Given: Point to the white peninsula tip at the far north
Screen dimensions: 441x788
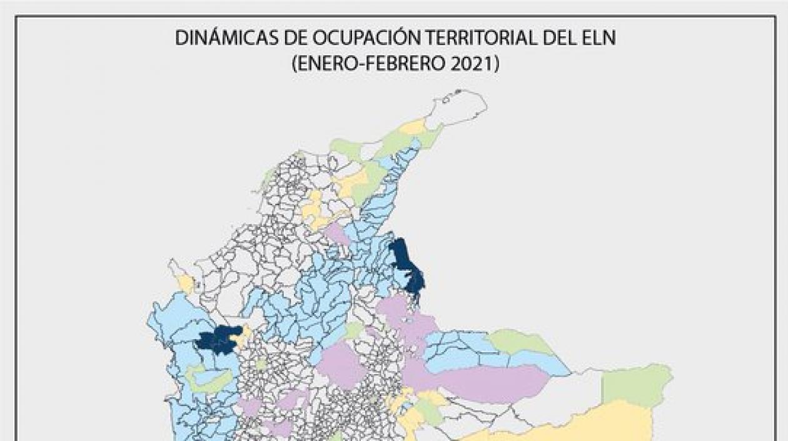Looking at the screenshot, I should click(460, 106).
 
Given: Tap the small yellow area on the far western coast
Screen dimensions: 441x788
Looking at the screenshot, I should click(186, 283).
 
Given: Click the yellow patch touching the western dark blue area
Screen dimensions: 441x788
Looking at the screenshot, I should click(241, 338).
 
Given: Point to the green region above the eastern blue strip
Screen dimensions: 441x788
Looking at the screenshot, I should click(519, 342).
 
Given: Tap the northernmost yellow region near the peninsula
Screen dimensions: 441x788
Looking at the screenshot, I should click(413, 128).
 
